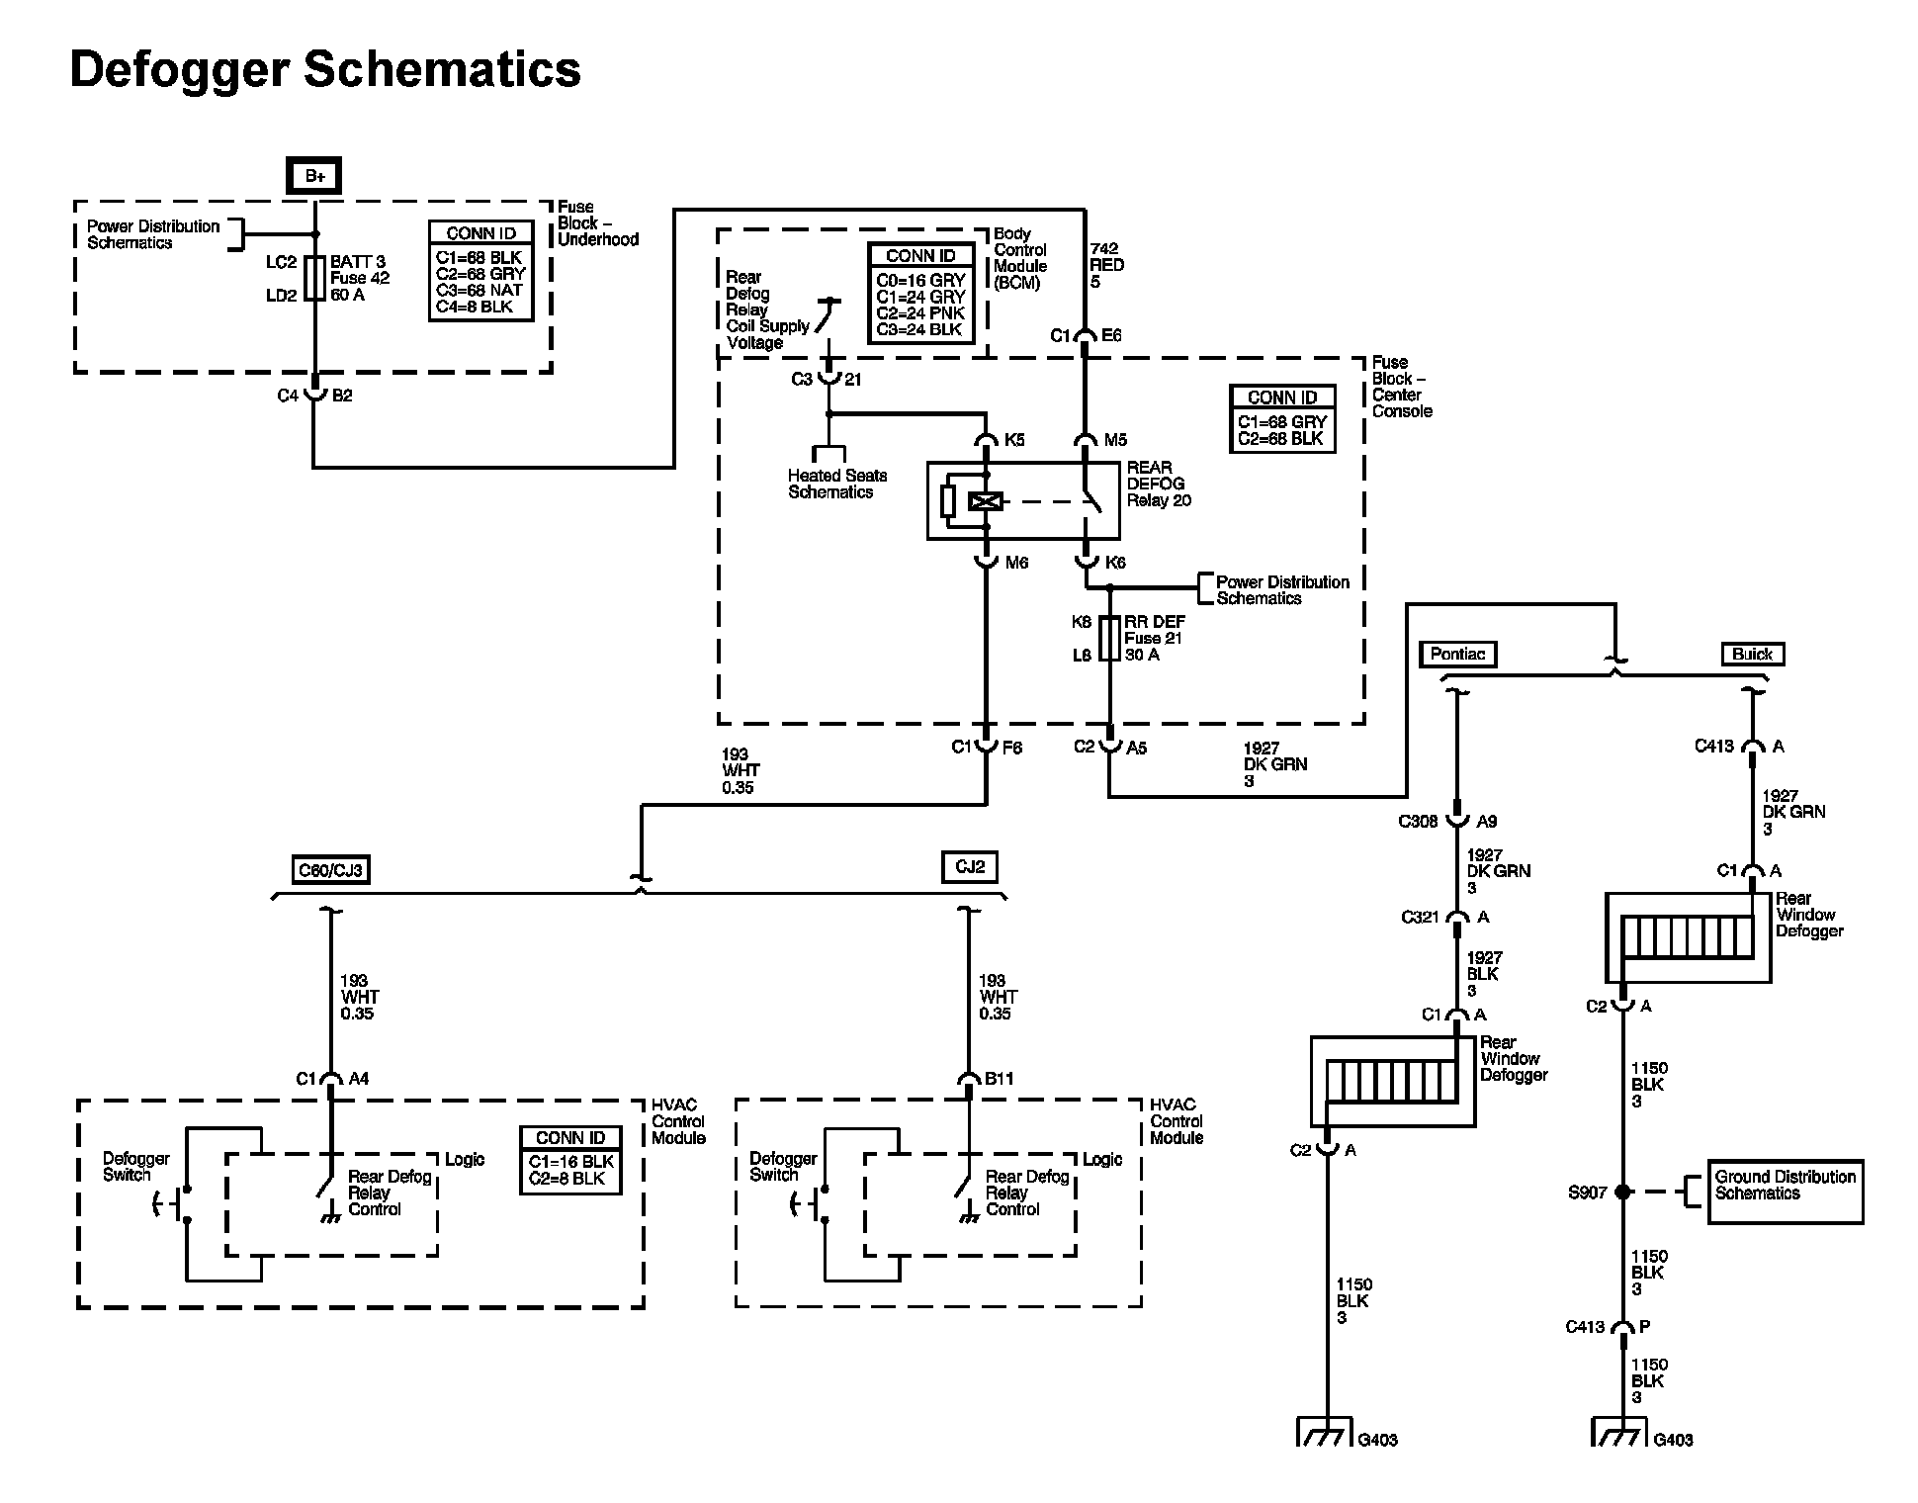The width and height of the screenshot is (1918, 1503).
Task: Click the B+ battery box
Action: (313, 176)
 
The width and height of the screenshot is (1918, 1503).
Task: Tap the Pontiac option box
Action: (1457, 654)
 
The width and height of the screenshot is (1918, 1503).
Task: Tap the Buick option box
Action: (1752, 654)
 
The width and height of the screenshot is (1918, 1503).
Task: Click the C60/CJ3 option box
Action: (330, 870)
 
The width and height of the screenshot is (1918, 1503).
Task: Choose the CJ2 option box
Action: (969, 867)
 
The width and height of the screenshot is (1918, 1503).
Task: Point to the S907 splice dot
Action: (1621, 1193)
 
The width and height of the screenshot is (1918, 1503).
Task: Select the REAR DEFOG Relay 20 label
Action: (1159, 484)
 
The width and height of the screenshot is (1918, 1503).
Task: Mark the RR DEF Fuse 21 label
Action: (1154, 638)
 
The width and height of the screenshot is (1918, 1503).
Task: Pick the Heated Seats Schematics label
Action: (836, 484)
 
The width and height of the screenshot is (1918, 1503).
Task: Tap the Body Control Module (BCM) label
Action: (1019, 258)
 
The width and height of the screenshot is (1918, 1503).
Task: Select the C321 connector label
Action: (1420, 917)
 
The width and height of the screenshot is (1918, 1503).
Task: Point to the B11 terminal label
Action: (999, 1078)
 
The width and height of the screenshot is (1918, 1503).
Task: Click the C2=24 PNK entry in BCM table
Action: (919, 313)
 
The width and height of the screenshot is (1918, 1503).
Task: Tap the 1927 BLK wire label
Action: (1484, 974)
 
